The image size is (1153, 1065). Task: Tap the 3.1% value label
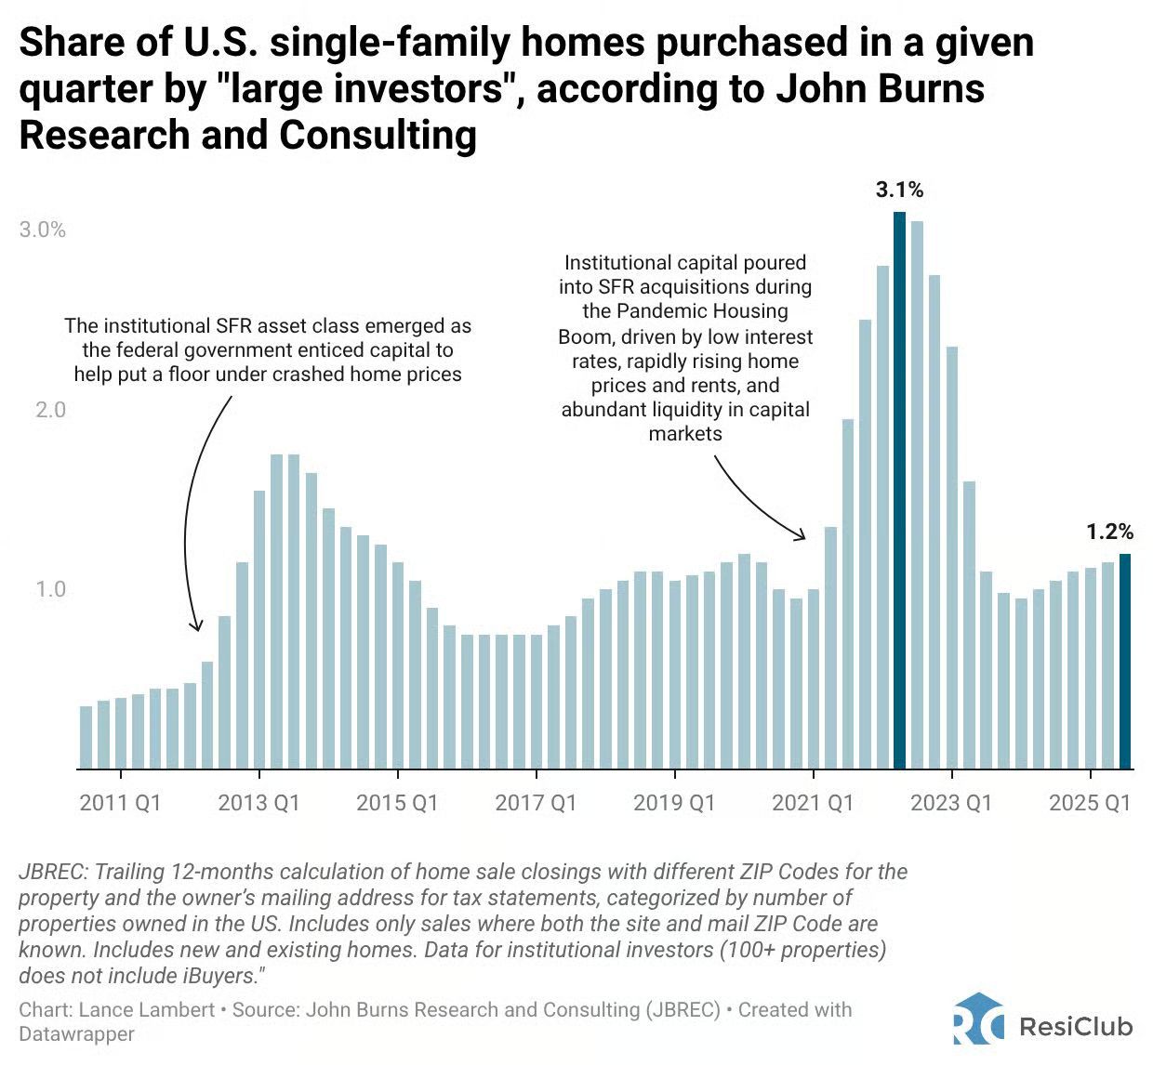(x=899, y=190)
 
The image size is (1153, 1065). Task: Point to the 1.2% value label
(x=1109, y=532)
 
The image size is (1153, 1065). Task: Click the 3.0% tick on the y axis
(x=43, y=230)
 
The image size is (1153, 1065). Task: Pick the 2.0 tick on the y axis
(x=50, y=410)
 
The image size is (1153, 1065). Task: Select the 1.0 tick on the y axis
(x=50, y=589)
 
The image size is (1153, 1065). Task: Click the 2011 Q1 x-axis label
(x=120, y=803)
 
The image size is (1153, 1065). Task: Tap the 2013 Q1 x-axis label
(x=258, y=803)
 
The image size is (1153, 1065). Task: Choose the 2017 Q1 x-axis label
(x=536, y=803)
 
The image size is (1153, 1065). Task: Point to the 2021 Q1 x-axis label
(x=813, y=803)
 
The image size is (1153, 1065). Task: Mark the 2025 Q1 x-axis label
(x=1090, y=803)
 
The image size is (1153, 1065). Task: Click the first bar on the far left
(x=86, y=738)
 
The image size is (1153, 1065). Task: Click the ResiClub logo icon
(x=978, y=1019)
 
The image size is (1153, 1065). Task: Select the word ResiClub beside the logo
(x=1076, y=1026)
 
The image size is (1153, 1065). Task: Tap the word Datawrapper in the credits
(x=76, y=1034)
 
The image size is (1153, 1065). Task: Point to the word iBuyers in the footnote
(x=219, y=976)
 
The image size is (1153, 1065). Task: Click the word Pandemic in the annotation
(x=657, y=311)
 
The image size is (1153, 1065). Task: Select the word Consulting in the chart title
(x=378, y=135)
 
